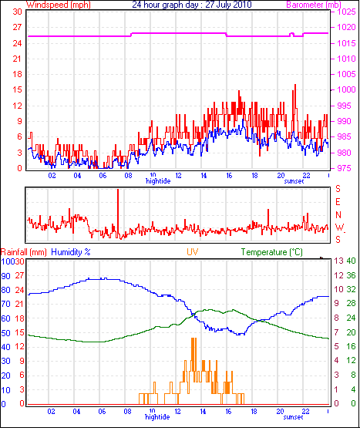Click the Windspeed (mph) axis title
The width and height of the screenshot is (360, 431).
pyautogui.click(x=59, y=5)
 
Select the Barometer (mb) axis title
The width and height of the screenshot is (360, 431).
pyautogui.click(x=314, y=5)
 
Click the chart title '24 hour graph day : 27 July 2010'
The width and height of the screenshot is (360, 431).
pyautogui.click(x=191, y=5)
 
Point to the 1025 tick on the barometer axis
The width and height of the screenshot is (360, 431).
pyautogui.click(x=347, y=12)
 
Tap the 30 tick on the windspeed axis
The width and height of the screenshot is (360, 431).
pyautogui.click(x=17, y=12)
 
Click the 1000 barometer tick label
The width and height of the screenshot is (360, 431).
pyautogui.click(x=347, y=89)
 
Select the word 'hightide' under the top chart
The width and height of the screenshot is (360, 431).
pyautogui.click(x=158, y=181)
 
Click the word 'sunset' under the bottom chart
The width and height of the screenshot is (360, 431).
pyautogui.click(x=293, y=417)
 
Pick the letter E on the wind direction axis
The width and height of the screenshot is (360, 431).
pyautogui.click(x=338, y=202)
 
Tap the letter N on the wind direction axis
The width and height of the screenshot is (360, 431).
pyautogui.click(x=338, y=214)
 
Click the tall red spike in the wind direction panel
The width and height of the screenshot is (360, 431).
pyautogui.click(x=118, y=213)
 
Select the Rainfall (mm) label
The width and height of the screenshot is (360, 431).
pyautogui.click(x=24, y=252)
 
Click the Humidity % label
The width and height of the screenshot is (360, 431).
pyautogui.click(x=71, y=252)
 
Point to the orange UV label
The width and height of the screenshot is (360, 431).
pyautogui.click(x=193, y=252)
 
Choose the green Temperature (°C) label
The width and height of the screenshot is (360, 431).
pyautogui.click(x=272, y=252)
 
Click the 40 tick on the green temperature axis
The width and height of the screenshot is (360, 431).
pyautogui.click(x=351, y=261)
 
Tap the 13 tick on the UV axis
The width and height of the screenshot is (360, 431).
pyautogui.click(x=339, y=261)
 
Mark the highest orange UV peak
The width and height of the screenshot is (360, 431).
pyautogui.click(x=193, y=338)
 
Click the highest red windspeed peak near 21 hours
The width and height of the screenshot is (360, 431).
pyautogui.click(x=295, y=85)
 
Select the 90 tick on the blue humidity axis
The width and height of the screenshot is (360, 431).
pyautogui.click(x=5, y=276)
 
